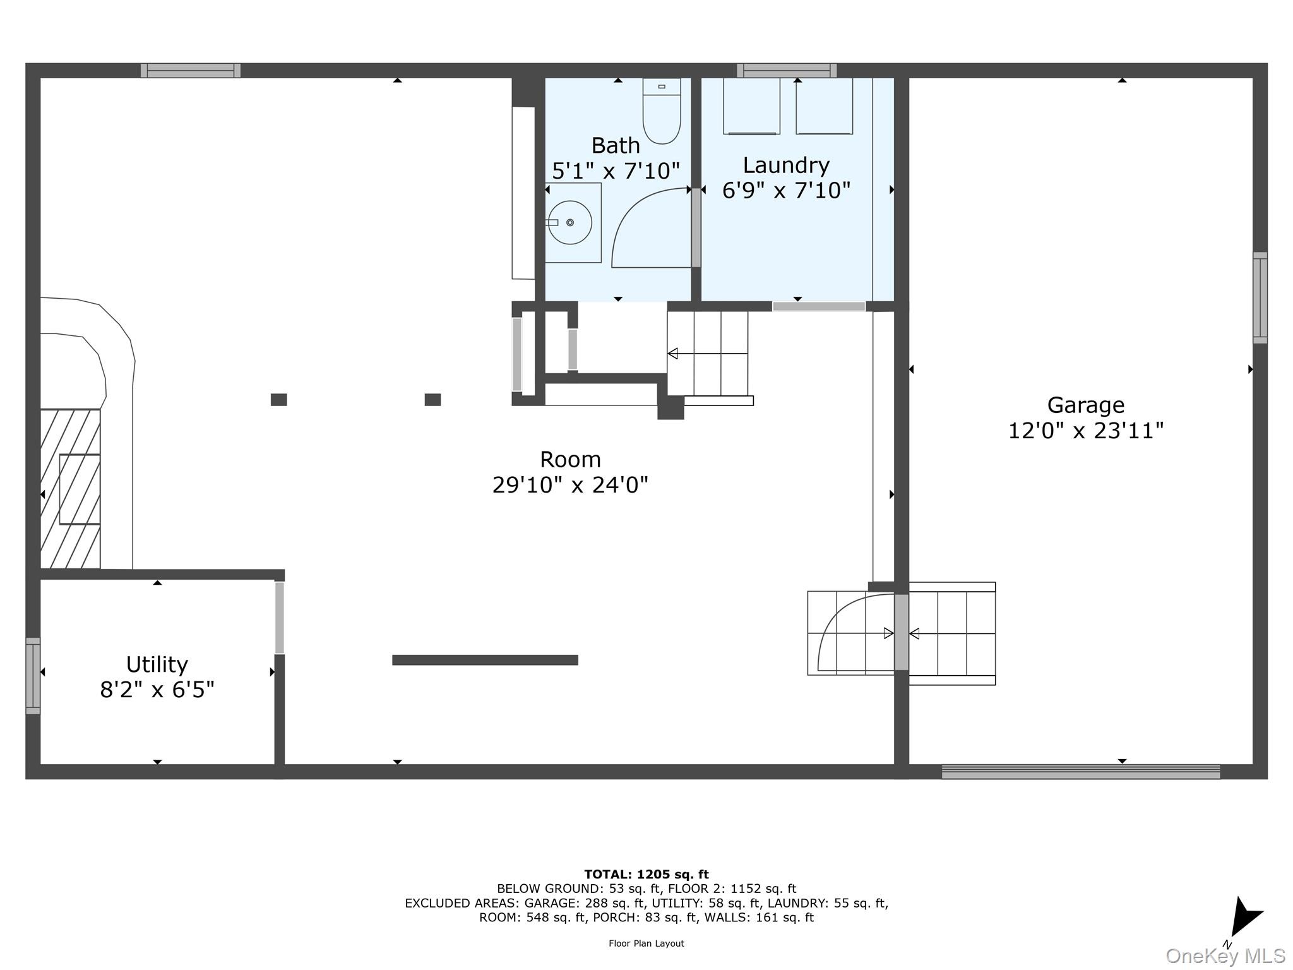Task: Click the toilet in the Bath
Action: pos(662,112)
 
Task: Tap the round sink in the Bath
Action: pos(569,222)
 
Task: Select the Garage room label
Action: pos(1085,405)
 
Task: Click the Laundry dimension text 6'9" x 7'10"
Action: pos(786,190)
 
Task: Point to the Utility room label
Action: pos(157,664)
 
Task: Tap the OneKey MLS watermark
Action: pos(1225,955)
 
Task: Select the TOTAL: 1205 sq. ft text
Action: pos(646,875)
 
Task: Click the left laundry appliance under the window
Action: pos(751,106)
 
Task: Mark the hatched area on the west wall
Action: pos(70,489)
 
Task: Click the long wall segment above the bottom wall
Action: pos(485,660)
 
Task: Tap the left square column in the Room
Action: pos(278,400)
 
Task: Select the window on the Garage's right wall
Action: pos(1260,297)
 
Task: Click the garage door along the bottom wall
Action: pos(1080,772)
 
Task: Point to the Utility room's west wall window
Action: pos(33,676)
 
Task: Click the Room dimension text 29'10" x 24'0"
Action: pos(570,485)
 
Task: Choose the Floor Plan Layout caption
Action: pos(646,943)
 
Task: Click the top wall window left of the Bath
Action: pos(190,70)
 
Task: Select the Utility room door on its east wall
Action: pos(279,618)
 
